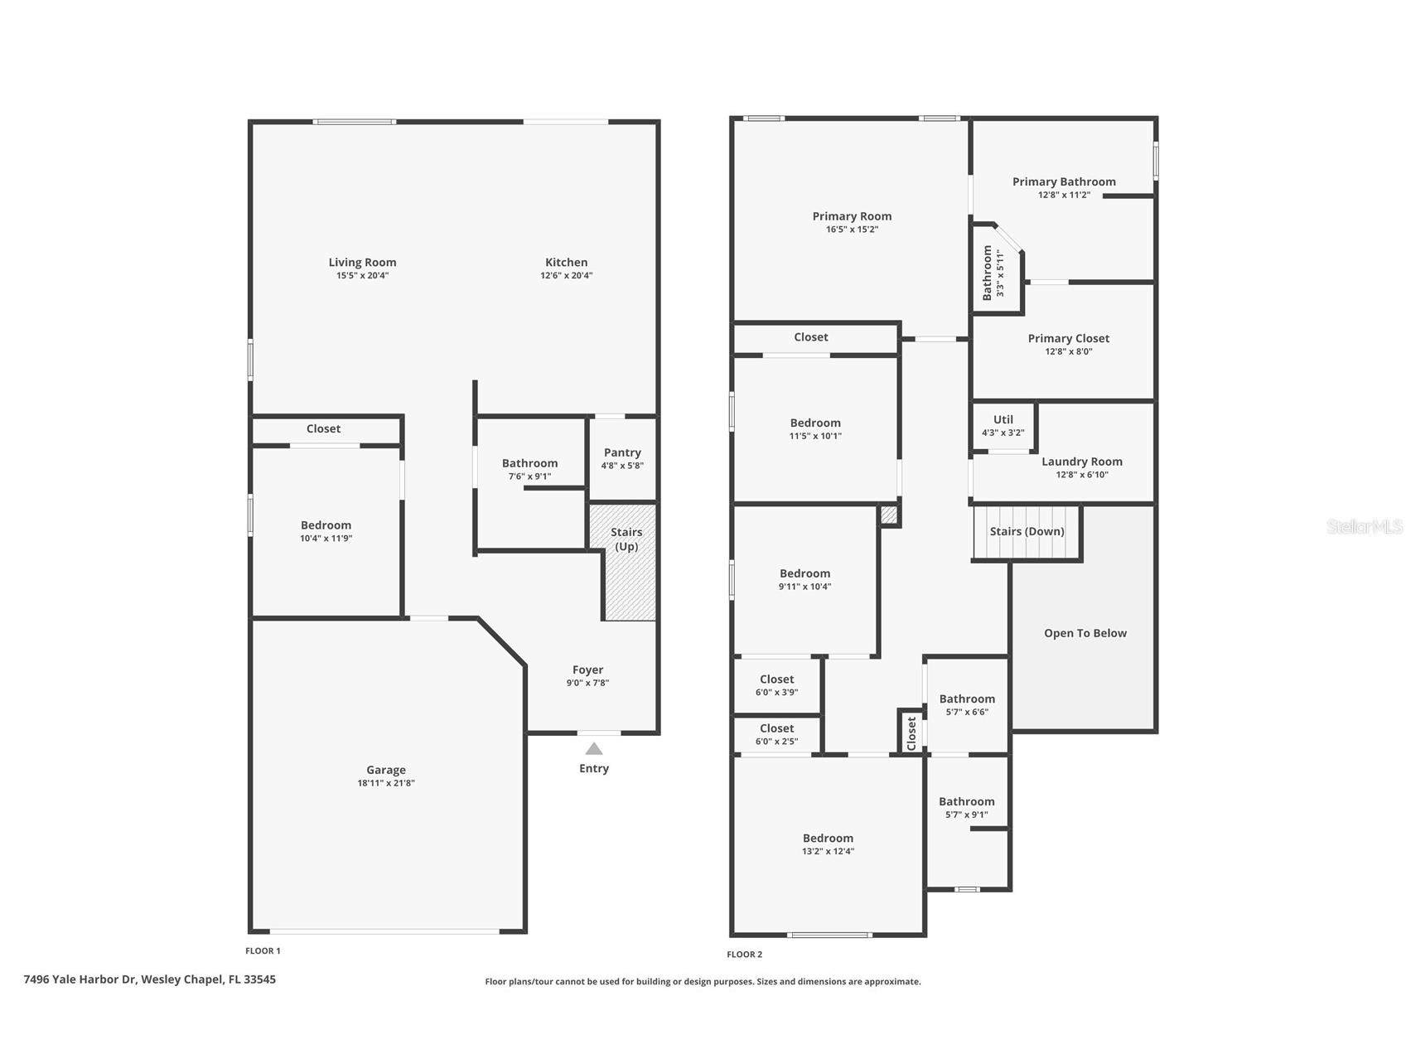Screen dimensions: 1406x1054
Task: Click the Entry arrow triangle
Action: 594,748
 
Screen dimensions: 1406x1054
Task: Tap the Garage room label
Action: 386,770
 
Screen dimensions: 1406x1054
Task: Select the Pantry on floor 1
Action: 622,458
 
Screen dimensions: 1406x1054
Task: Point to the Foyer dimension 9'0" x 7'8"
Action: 587,683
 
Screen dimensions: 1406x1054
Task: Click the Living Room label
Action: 362,263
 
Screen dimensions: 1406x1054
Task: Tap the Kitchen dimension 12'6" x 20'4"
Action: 567,275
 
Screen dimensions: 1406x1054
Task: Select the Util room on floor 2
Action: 1003,426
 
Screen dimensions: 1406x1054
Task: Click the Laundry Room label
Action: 1082,462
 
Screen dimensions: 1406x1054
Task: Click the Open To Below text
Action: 1085,633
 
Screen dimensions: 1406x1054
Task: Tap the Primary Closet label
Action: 1069,338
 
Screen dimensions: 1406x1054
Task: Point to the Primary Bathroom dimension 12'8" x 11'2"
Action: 1064,195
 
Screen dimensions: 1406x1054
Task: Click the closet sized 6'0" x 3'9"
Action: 777,685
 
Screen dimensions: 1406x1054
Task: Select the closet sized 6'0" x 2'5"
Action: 777,734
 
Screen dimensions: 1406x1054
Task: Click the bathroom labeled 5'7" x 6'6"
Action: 967,705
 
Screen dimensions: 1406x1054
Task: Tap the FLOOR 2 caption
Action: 744,955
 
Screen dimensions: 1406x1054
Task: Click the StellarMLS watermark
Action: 1365,526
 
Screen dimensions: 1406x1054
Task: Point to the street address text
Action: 150,979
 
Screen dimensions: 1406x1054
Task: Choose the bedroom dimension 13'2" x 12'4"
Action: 828,851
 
